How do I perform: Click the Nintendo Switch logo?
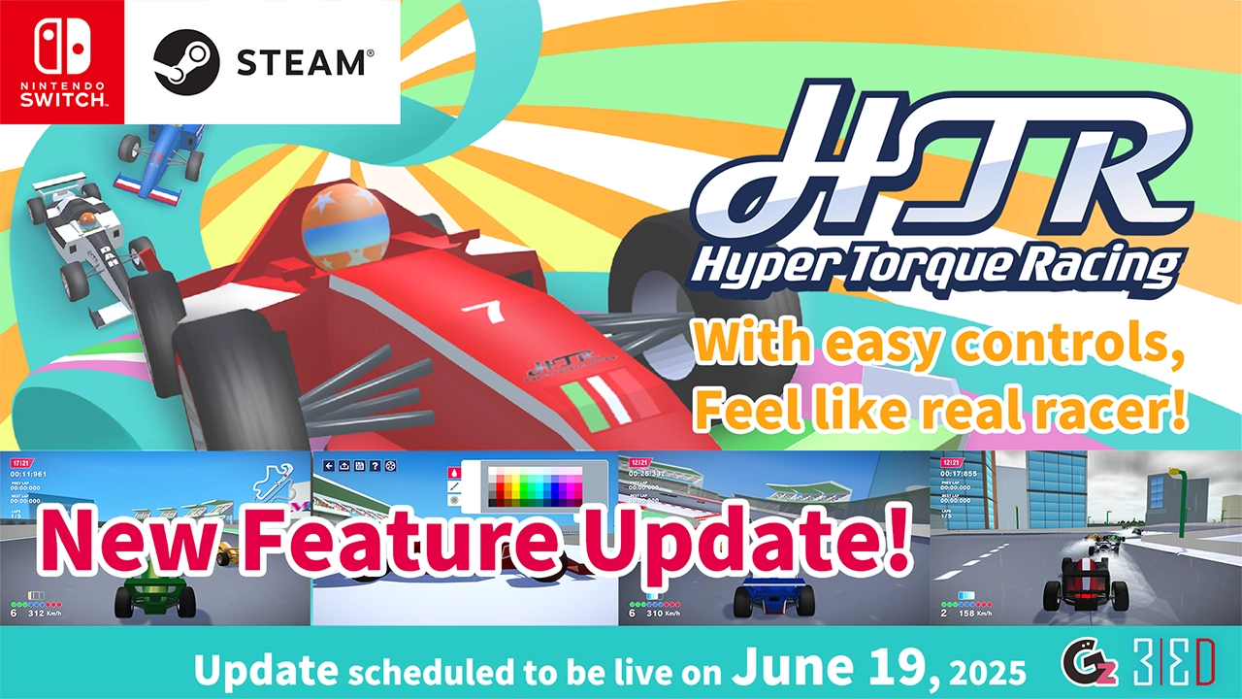62,61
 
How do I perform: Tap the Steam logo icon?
185,62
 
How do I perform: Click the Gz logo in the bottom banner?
1086,665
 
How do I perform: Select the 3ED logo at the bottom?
1173,665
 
